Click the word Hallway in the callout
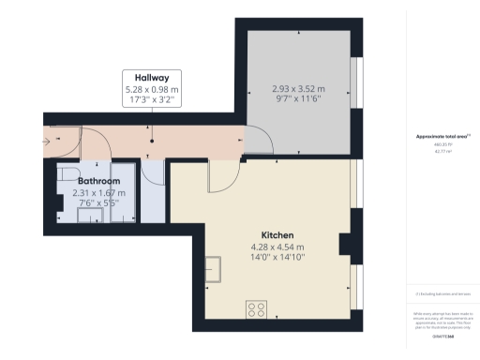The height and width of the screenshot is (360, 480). tap(152, 78)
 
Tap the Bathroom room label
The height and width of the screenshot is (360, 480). tap(98, 181)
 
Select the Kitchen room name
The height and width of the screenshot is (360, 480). tap(277, 233)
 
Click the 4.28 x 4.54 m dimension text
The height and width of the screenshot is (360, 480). tap(277, 247)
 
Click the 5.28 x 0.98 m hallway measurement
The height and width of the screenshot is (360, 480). tap(152, 89)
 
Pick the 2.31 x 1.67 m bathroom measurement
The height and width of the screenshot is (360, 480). tap(98, 192)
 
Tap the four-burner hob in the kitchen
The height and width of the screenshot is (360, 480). tap(258, 310)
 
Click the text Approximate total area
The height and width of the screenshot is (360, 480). tap(437, 137)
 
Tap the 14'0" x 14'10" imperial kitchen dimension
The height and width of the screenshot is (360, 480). tap(277, 259)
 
